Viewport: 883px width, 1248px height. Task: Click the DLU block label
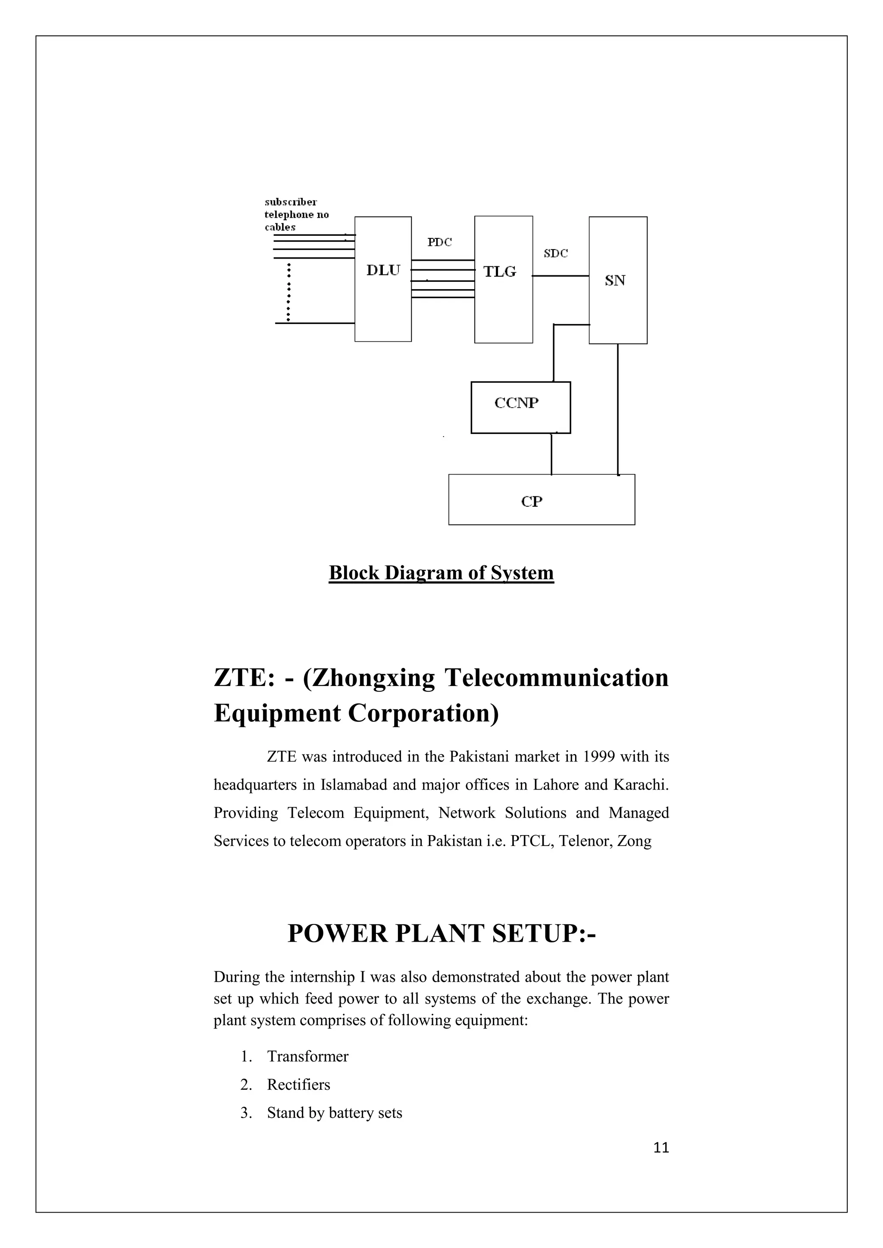click(x=383, y=270)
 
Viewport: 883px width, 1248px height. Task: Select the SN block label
click(x=615, y=281)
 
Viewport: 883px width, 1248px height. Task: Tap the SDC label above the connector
click(x=556, y=253)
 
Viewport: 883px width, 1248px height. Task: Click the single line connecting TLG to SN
click(x=560, y=276)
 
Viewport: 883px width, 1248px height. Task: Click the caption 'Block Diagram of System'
click(x=441, y=573)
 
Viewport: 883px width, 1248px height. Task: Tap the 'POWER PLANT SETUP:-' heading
click(x=441, y=933)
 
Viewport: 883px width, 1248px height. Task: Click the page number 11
click(x=661, y=1148)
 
